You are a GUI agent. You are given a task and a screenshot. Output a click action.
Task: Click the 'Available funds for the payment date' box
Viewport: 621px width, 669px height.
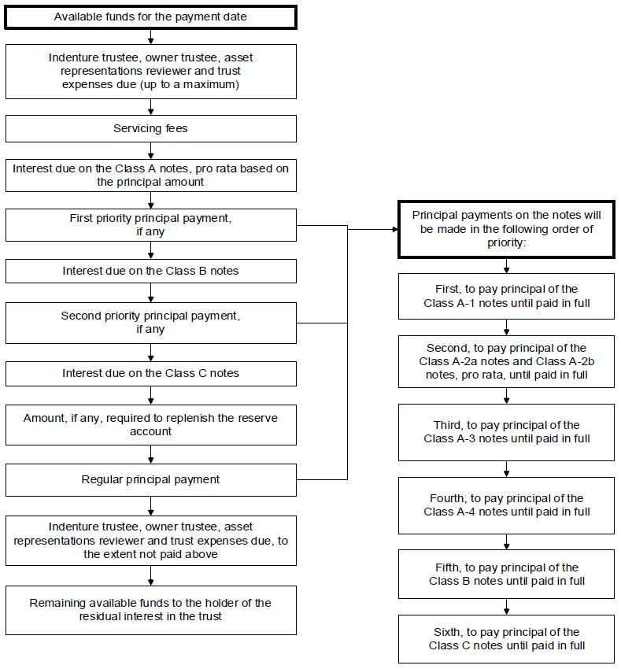pos(150,17)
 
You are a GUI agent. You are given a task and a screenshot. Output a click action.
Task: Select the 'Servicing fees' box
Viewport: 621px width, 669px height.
pos(150,128)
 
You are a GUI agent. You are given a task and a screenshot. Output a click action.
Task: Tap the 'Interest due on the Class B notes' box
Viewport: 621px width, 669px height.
pos(150,271)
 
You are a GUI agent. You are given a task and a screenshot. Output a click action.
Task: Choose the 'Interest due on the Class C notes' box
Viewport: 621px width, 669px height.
pos(150,374)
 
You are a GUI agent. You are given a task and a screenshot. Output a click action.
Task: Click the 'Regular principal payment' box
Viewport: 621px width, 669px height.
pos(150,480)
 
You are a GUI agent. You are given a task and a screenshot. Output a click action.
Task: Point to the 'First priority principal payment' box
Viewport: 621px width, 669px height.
pos(150,225)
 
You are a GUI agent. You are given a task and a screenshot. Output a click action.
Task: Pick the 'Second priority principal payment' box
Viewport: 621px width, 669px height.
pos(150,323)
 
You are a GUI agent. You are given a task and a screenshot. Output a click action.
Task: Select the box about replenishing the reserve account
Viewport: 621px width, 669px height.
pos(150,425)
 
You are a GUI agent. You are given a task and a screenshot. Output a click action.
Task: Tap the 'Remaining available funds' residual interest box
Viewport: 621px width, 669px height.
pos(150,610)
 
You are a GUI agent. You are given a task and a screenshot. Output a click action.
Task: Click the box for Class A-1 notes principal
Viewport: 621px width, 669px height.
pos(506,296)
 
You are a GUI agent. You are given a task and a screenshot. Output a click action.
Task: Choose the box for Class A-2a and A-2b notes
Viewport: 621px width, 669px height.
pos(506,361)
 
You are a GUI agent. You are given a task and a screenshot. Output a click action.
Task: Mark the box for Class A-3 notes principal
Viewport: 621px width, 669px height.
pos(506,432)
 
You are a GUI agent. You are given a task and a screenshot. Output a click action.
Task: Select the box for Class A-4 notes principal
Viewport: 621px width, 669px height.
pos(506,505)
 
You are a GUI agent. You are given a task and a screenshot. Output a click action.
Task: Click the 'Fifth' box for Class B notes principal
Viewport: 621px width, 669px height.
pos(506,575)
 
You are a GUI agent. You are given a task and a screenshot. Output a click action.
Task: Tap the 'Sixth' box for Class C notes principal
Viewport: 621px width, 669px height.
pos(506,639)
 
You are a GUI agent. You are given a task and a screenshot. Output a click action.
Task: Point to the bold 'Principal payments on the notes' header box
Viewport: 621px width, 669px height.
pos(506,229)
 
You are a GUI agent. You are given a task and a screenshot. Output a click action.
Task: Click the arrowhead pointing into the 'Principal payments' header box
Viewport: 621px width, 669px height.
pos(395,229)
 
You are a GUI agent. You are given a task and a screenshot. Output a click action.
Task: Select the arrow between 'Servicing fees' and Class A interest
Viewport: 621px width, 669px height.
pos(150,150)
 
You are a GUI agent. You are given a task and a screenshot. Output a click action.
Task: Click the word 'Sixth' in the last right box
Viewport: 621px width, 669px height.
pos(448,632)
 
